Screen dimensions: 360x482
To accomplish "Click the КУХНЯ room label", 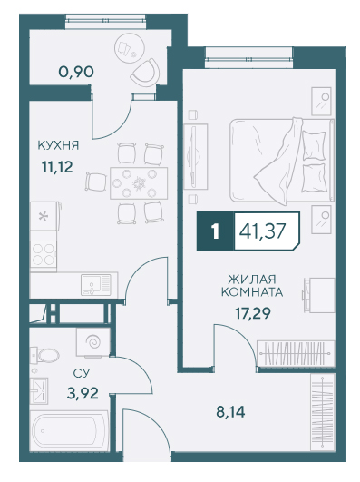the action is [58, 145].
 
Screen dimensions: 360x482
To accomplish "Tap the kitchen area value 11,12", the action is [57, 167].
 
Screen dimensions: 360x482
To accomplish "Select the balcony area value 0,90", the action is [76, 72].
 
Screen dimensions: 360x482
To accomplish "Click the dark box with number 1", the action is [215, 231].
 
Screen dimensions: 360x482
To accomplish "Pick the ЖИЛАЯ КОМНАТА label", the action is [252, 286].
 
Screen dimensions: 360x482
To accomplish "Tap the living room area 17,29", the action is [253, 313].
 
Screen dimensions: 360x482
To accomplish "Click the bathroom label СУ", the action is [82, 373].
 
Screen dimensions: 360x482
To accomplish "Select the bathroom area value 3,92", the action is [83, 393].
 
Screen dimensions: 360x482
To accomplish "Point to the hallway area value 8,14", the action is [230, 412].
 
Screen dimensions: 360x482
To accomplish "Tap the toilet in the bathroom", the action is [45, 356].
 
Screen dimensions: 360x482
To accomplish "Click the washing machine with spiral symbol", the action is [93, 342].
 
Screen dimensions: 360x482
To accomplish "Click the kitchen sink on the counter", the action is [95, 285].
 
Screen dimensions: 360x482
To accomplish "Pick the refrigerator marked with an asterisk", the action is [44, 216].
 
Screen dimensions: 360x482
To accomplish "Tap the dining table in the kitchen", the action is [139, 183].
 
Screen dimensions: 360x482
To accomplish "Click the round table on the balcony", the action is [130, 48].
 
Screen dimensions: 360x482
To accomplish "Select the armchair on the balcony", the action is [145, 74].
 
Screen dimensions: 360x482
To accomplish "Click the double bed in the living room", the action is [282, 161].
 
